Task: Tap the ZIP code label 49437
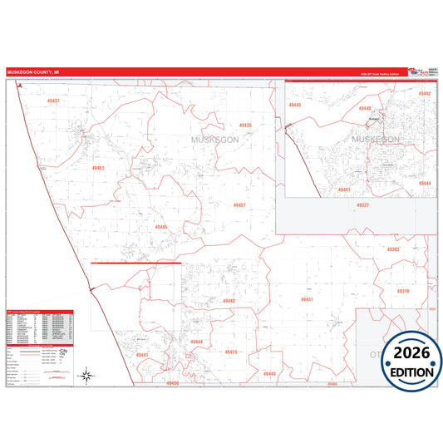53,101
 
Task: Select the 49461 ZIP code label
98,168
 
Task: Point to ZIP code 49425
245,125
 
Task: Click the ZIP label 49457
239,204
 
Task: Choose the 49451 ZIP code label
307,299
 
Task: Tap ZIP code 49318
403,292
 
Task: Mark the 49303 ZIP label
393,249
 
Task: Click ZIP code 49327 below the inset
362,204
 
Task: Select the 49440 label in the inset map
295,106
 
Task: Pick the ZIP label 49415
231,352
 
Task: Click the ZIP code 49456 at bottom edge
172,383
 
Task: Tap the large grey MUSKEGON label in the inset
377,139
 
